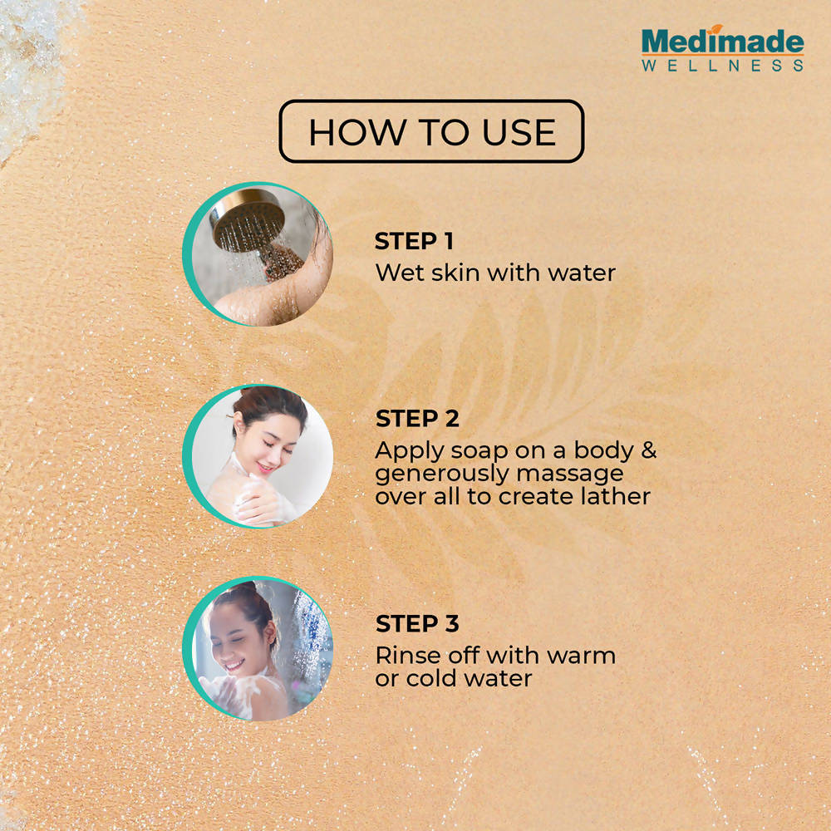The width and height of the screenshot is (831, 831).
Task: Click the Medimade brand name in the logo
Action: (x=722, y=42)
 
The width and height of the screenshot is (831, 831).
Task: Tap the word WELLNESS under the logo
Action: (x=722, y=66)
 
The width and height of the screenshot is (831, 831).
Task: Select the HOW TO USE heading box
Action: (x=431, y=131)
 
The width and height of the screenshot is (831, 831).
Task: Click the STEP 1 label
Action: (x=414, y=242)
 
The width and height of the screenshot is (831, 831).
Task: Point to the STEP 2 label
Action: (x=417, y=419)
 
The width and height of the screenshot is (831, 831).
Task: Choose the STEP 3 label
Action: (x=417, y=624)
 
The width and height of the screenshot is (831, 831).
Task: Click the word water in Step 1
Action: (x=582, y=273)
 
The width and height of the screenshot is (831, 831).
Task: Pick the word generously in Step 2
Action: (x=442, y=475)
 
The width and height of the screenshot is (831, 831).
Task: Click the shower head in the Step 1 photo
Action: (x=247, y=219)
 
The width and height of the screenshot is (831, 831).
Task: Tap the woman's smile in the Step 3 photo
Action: (x=234, y=665)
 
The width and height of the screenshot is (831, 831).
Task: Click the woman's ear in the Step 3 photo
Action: (x=270, y=632)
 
